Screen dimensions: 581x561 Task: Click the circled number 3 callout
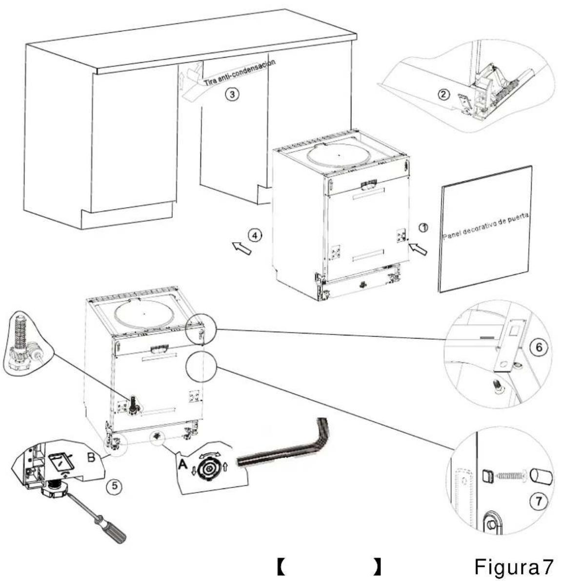point(235,95)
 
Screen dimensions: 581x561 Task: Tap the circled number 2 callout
point(443,94)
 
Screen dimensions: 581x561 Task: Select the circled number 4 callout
point(253,235)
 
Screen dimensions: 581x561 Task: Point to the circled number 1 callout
point(424,228)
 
